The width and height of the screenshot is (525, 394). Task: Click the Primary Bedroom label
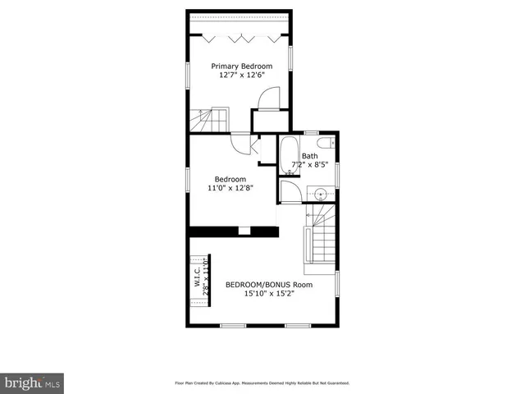coord(241,66)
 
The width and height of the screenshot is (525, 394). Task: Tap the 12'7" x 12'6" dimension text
coord(241,75)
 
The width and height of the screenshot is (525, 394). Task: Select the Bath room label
coord(309,156)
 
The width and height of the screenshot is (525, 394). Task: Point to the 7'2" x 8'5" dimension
coord(309,165)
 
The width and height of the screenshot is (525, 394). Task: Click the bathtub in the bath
coord(288,156)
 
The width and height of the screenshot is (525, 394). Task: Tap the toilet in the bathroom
coord(326,143)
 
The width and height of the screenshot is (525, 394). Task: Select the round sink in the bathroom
coord(320,194)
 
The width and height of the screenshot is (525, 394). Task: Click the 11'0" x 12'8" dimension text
coord(230,188)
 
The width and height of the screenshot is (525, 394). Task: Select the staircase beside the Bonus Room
coord(320,238)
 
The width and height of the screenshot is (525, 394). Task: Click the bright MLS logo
coord(34,382)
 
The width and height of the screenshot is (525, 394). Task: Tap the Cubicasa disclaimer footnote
coord(262,383)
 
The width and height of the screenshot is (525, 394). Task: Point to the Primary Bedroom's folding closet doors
coord(241,36)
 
